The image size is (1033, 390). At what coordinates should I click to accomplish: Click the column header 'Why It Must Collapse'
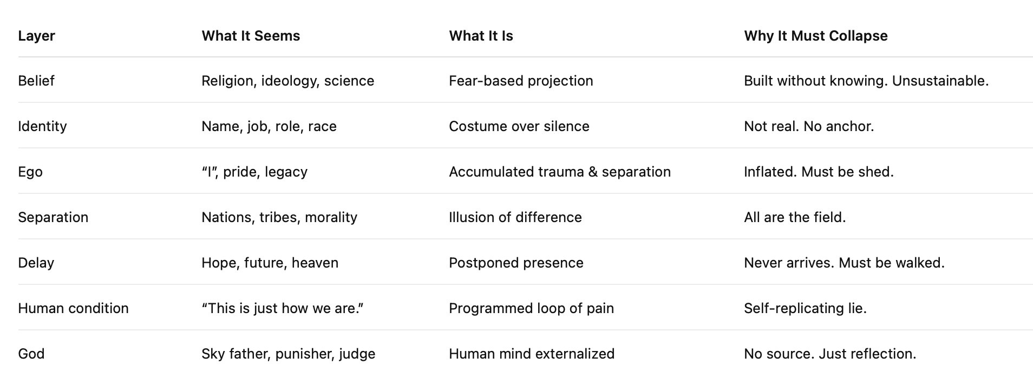click(x=815, y=36)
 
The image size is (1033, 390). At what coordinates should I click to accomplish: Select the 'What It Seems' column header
click(x=251, y=36)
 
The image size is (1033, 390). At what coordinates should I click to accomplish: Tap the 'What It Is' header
click(x=481, y=36)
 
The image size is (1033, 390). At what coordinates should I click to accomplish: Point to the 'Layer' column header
click(x=36, y=36)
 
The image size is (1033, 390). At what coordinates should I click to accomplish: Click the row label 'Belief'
click(x=36, y=81)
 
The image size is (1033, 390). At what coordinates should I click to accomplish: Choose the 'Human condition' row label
click(x=73, y=308)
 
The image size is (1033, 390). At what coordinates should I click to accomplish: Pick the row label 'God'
click(x=31, y=354)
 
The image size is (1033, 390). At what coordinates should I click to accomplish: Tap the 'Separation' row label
click(x=53, y=218)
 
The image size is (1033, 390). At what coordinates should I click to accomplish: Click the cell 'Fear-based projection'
click(x=521, y=81)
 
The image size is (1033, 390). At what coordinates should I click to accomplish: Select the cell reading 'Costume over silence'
click(x=519, y=126)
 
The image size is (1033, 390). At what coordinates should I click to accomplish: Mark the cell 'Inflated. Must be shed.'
click(x=819, y=172)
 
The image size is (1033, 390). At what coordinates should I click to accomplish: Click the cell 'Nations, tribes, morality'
click(x=279, y=218)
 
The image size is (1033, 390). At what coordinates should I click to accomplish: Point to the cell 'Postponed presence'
click(x=516, y=263)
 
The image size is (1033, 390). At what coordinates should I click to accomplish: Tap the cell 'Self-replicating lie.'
click(x=805, y=309)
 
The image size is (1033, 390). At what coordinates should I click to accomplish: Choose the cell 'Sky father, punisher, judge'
click(x=289, y=354)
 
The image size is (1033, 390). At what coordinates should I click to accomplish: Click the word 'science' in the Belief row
click(x=349, y=81)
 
